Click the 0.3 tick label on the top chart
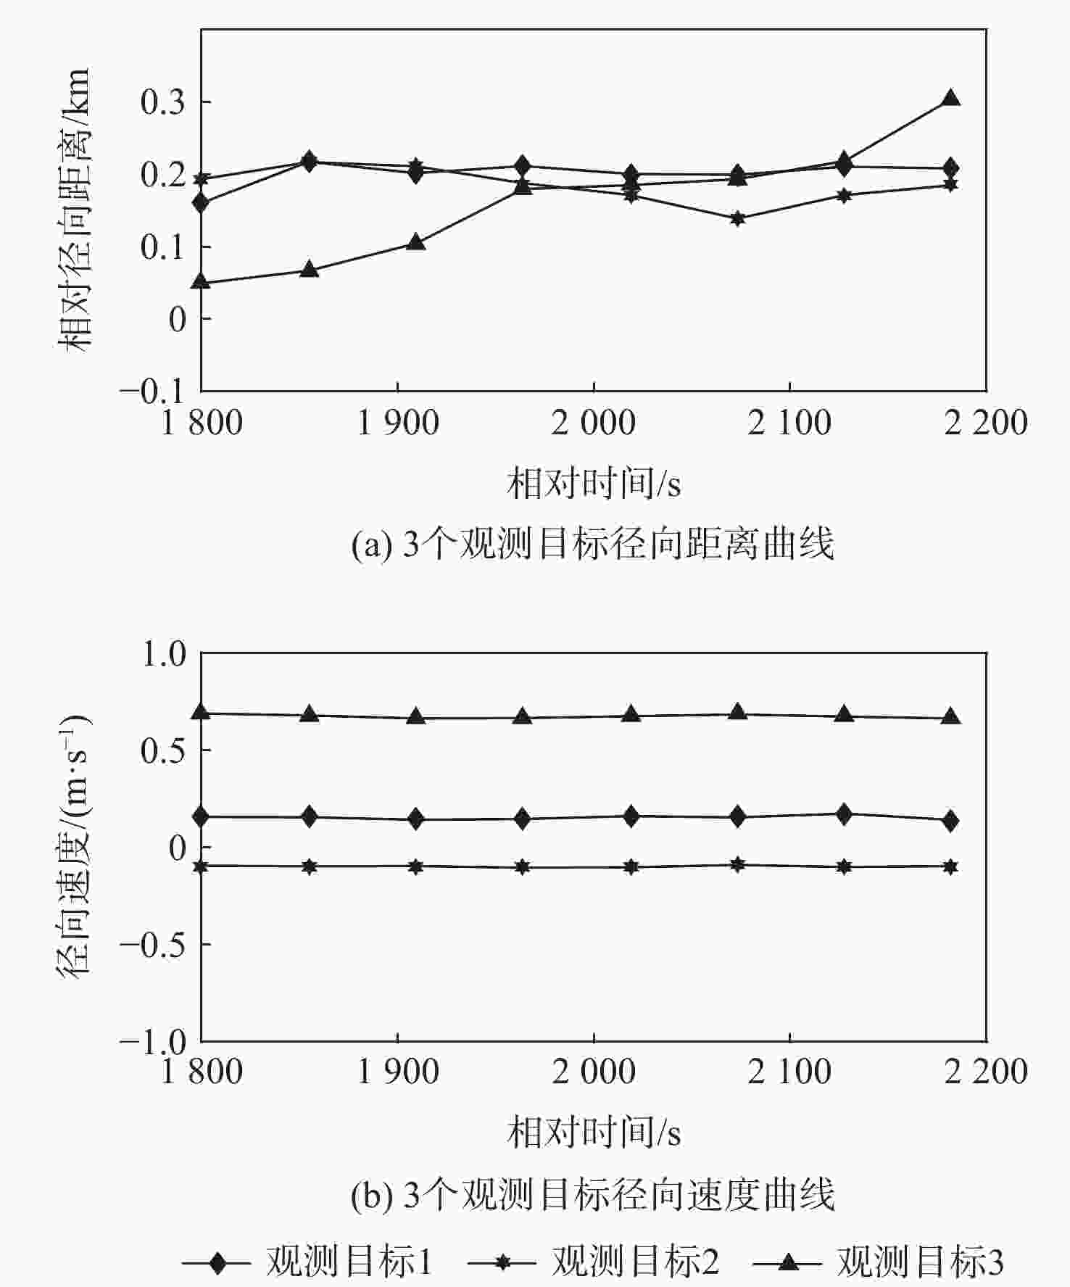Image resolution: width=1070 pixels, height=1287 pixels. point(163,102)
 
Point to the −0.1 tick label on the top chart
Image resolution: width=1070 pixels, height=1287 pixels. point(154,392)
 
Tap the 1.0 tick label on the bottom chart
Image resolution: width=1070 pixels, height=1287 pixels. point(163,654)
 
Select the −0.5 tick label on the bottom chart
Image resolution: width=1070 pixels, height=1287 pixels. point(154,945)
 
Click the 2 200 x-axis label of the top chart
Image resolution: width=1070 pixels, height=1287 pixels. point(985,423)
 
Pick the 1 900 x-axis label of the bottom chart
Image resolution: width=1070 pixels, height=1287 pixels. point(398,1071)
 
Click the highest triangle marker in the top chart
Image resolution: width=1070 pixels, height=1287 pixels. point(951,99)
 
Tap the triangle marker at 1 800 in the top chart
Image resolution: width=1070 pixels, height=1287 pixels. point(202,281)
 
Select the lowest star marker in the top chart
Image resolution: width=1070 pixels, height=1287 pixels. point(737,218)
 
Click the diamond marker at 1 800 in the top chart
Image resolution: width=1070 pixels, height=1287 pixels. point(202,203)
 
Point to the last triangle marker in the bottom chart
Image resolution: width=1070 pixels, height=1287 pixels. point(951,718)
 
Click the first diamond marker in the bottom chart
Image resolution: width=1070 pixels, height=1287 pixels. point(202,817)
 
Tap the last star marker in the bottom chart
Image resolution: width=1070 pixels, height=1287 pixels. point(951,866)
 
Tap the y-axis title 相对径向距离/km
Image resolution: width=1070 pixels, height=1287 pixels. point(74,210)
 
